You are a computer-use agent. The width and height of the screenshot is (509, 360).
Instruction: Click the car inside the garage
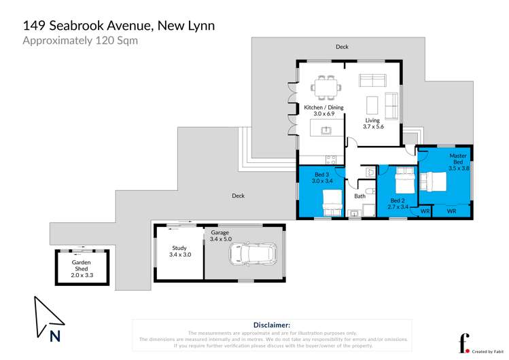click(x=253, y=255)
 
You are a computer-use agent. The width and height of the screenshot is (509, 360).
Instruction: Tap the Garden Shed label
click(x=82, y=266)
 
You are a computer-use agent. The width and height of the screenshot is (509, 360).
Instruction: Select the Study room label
click(x=179, y=251)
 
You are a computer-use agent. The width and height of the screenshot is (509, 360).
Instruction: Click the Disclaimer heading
click(x=271, y=325)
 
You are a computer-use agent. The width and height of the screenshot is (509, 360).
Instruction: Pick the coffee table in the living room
click(x=372, y=105)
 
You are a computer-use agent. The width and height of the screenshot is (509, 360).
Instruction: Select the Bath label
click(x=359, y=196)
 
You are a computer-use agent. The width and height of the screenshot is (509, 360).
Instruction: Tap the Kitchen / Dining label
click(x=323, y=111)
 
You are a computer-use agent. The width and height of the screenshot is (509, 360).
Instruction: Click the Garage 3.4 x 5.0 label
click(x=220, y=236)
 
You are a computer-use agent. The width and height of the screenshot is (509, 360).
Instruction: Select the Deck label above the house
click(x=342, y=47)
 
